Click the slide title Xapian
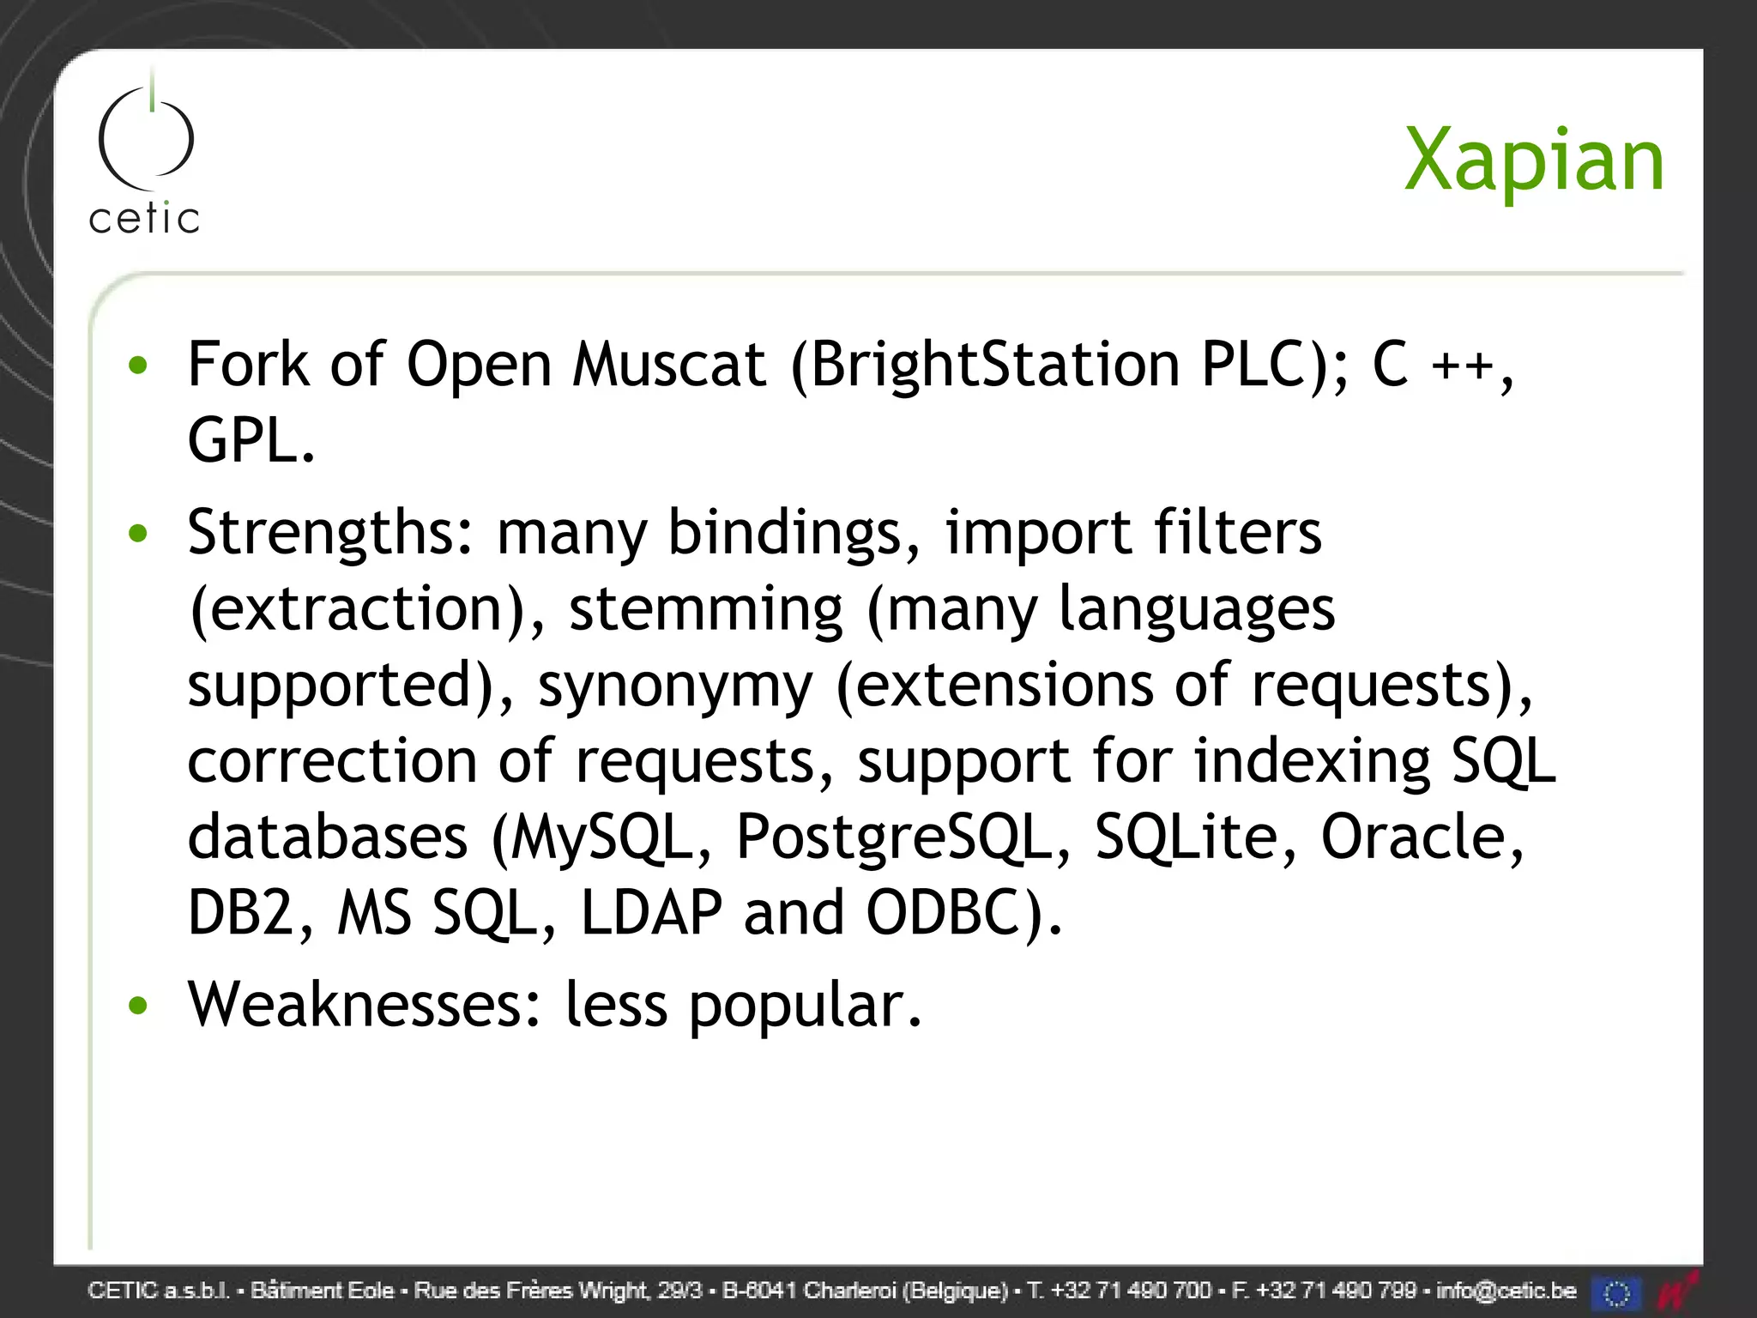point(1533,161)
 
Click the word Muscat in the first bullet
point(668,365)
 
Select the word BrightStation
point(994,365)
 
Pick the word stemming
point(706,609)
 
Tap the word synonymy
point(674,686)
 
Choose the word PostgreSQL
point(903,837)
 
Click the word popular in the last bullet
point(805,1007)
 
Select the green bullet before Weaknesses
point(137,1005)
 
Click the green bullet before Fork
point(137,366)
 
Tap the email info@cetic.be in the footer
point(1506,1291)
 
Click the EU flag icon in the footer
point(1616,1292)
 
